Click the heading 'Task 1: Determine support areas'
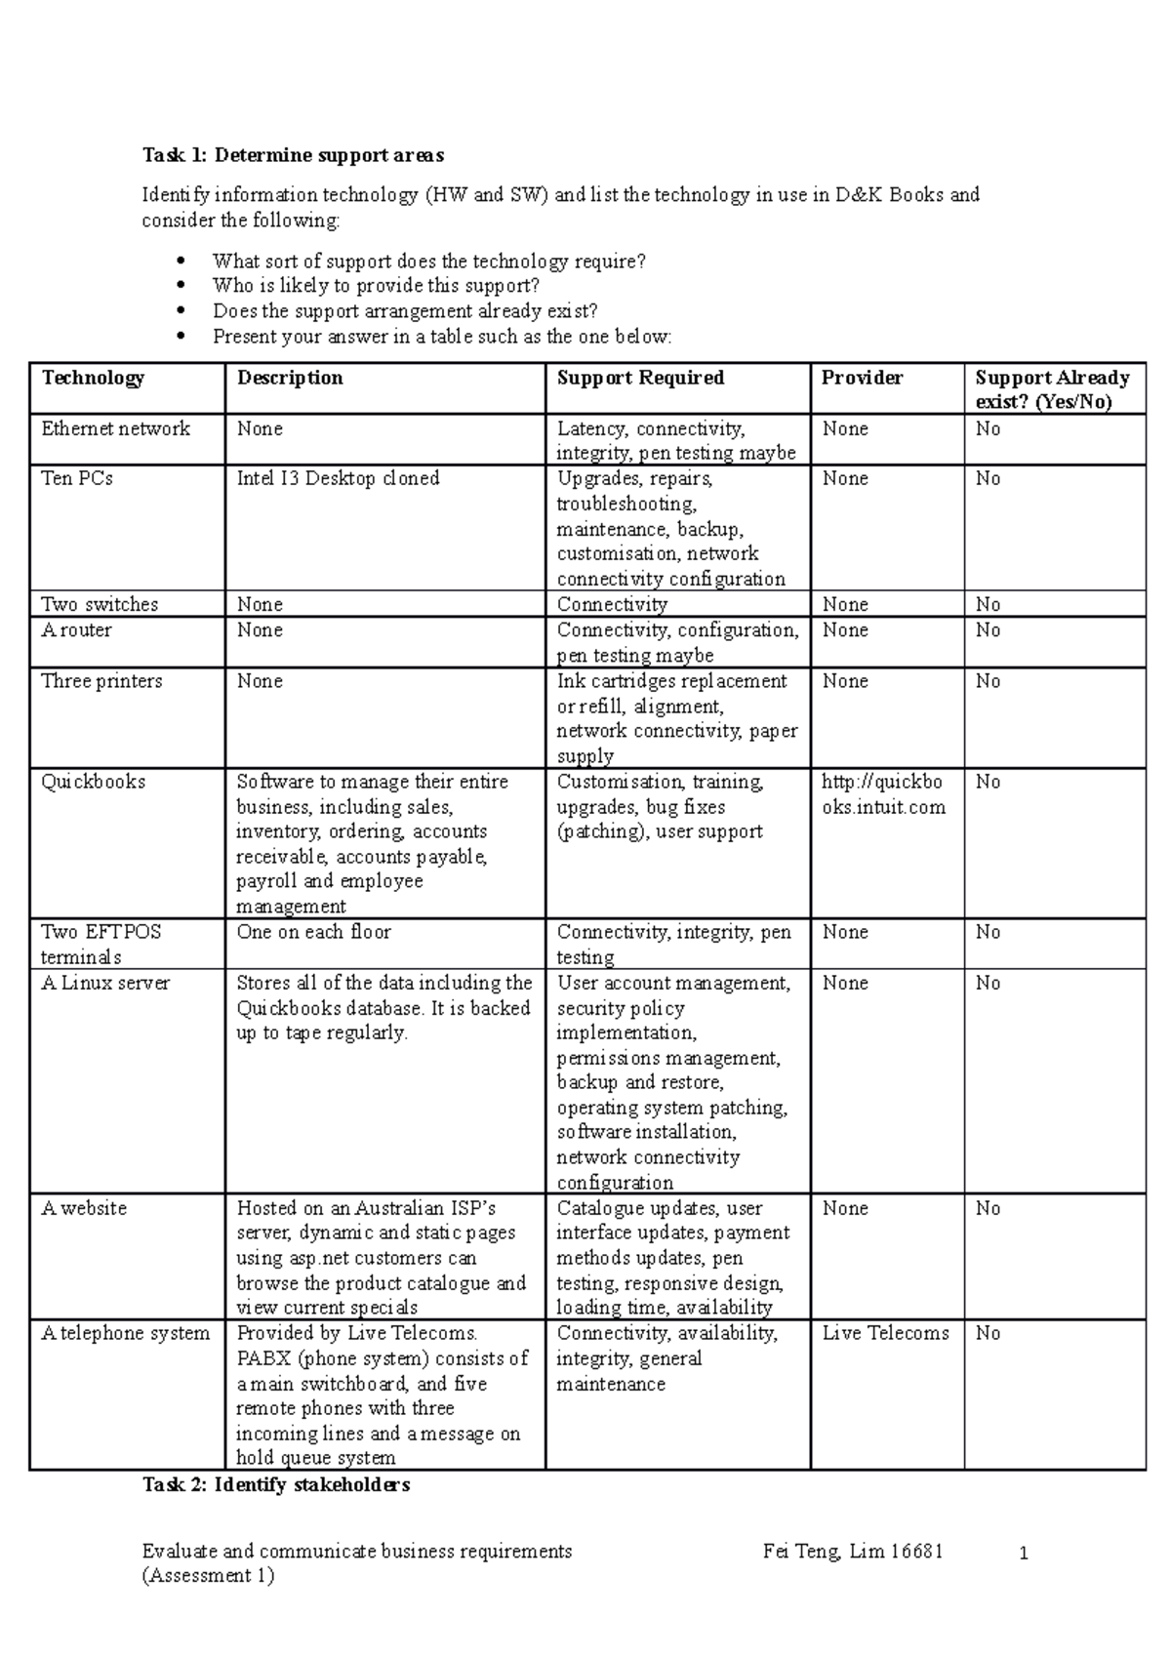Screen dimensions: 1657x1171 coord(293,155)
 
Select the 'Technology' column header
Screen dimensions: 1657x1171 coord(93,378)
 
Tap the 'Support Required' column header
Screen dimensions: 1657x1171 coord(640,378)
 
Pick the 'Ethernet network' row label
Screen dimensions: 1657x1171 coord(115,428)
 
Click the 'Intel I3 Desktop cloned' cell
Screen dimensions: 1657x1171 coord(338,478)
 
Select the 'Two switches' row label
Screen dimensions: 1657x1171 coord(100,604)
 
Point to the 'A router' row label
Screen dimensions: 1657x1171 coord(76,629)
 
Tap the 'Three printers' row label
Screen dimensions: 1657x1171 coord(101,681)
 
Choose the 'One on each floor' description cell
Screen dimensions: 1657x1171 coord(313,932)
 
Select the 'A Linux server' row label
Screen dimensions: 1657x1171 coord(105,983)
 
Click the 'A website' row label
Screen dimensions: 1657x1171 coord(84,1208)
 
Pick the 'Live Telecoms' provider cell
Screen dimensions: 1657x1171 coord(885,1333)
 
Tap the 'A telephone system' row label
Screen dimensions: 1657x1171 coord(125,1333)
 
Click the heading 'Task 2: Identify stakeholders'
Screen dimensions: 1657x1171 coord(276,1485)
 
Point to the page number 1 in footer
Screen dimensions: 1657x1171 coord(1024,1554)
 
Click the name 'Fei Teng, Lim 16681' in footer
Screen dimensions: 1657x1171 coord(853,1552)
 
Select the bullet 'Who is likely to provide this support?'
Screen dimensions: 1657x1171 coord(376,286)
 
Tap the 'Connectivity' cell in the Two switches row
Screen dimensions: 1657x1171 coord(612,604)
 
